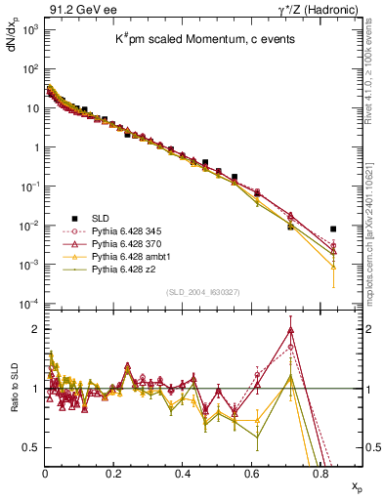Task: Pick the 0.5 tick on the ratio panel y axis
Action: tap(32, 447)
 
